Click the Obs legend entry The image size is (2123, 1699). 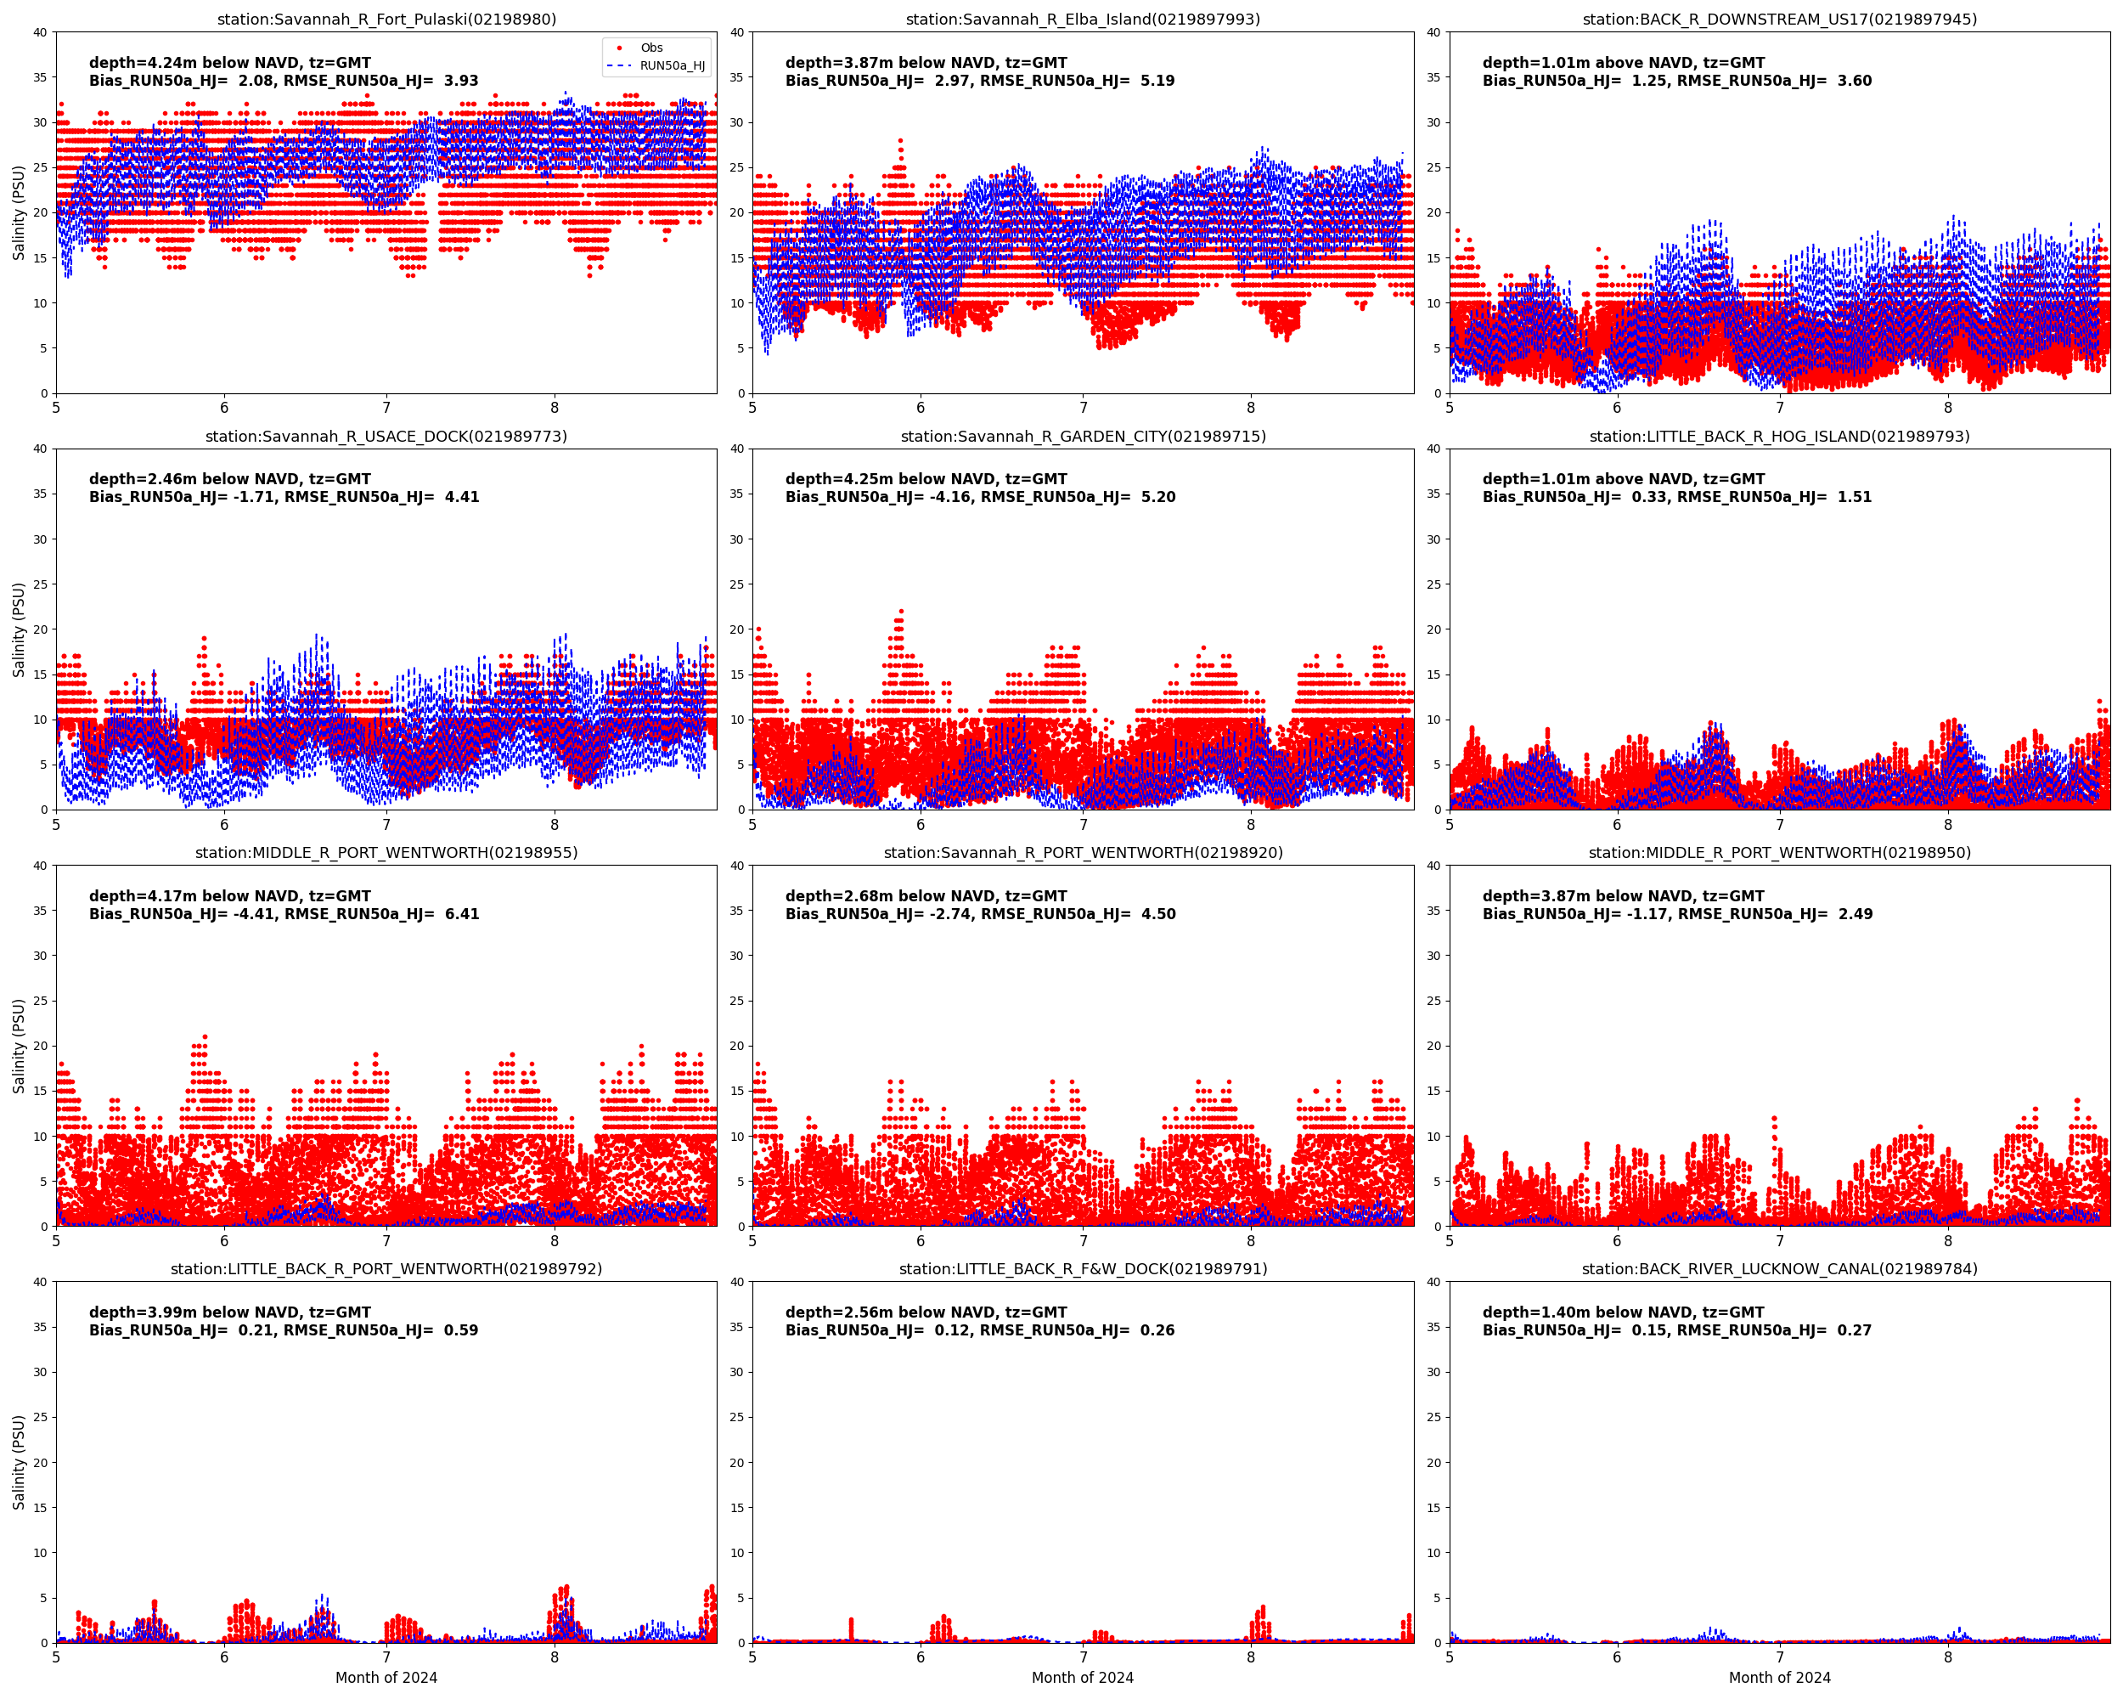[650, 48]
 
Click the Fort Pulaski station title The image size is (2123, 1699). [386, 19]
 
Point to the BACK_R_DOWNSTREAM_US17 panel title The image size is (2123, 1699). [1779, 19]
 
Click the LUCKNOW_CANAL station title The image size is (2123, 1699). [1779, 1268]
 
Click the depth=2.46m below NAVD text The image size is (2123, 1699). [229, 478]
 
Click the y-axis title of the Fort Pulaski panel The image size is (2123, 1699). [19, 212]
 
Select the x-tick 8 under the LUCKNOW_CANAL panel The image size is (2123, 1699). [1948, 1657]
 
